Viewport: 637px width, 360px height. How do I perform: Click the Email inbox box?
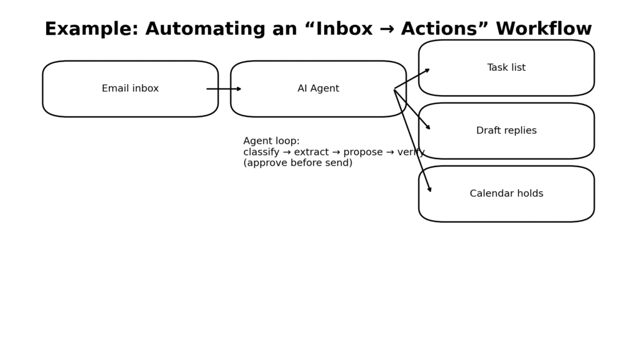tap(130, 89)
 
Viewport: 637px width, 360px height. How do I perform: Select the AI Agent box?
tap(318, 89)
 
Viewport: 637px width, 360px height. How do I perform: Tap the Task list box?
tap(506, 68)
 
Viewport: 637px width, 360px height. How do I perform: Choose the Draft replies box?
tap(506, 131)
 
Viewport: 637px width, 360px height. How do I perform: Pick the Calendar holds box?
tap(506, 193)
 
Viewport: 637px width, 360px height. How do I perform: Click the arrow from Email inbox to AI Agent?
tap(224, 89)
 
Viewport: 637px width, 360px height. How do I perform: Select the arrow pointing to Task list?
tap(412, 79)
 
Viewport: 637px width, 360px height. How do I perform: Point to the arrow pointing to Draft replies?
tap(412, 109)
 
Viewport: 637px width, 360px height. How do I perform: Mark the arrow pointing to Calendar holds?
tap(412, 140)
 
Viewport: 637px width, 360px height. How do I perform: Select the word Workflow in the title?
tap(544, 29)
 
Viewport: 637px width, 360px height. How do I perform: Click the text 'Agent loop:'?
tap(271, 141)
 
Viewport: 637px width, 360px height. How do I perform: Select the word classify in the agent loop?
tap(261, 152)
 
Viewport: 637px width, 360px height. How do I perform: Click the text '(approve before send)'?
tap(297, 163)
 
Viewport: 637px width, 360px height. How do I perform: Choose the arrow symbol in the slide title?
tap(387, 29)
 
